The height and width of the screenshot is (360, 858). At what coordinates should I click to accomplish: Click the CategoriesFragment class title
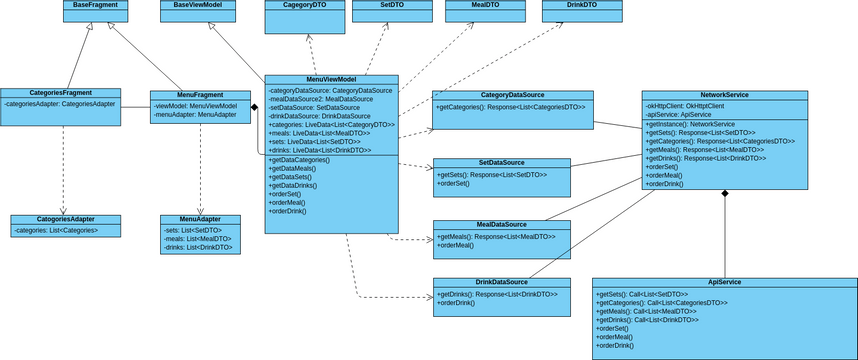[60, 93]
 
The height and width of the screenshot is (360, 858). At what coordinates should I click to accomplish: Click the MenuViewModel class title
[331, 79]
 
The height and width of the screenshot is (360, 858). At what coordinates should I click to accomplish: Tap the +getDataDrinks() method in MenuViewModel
[293, 185]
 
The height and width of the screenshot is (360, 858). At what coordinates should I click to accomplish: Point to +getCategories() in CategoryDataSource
[511, 106]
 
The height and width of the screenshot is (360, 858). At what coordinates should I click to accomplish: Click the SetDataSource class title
[501, 162]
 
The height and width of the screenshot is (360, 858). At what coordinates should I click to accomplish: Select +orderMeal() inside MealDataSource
[456, 245]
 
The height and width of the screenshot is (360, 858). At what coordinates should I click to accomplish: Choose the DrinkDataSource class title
[501, 282]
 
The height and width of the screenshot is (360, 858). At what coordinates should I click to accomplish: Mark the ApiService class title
[723, 283]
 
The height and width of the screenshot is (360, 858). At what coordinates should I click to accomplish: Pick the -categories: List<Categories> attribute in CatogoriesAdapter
[57, 230]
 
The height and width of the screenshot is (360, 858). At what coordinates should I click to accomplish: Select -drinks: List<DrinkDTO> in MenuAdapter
[198, 247]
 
